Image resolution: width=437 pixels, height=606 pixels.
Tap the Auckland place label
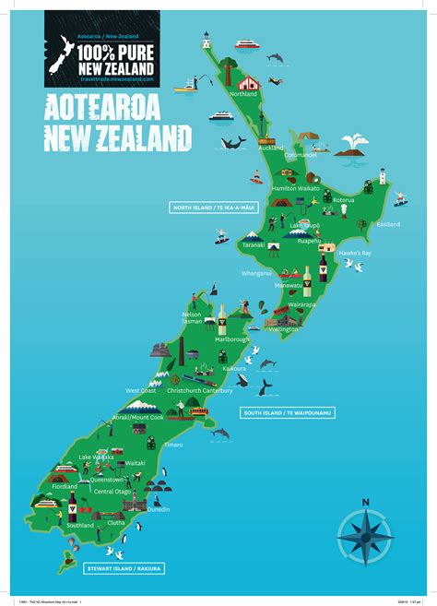(x=271, y=148)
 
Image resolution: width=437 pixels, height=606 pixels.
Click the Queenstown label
(x=107, y=480)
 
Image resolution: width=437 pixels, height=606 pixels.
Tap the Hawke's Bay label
(x=355, y=253)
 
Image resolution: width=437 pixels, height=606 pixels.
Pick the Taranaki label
(x=254, y=245)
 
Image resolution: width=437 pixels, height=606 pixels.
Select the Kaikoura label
(x=234, y=367)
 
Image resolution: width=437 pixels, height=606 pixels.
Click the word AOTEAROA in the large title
(x=117, y=107)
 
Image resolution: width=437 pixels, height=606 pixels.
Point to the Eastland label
(x=388, y=224)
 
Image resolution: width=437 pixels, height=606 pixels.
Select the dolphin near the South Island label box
(x=219, y=432)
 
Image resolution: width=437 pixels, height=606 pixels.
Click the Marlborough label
(x=232, y=339)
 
